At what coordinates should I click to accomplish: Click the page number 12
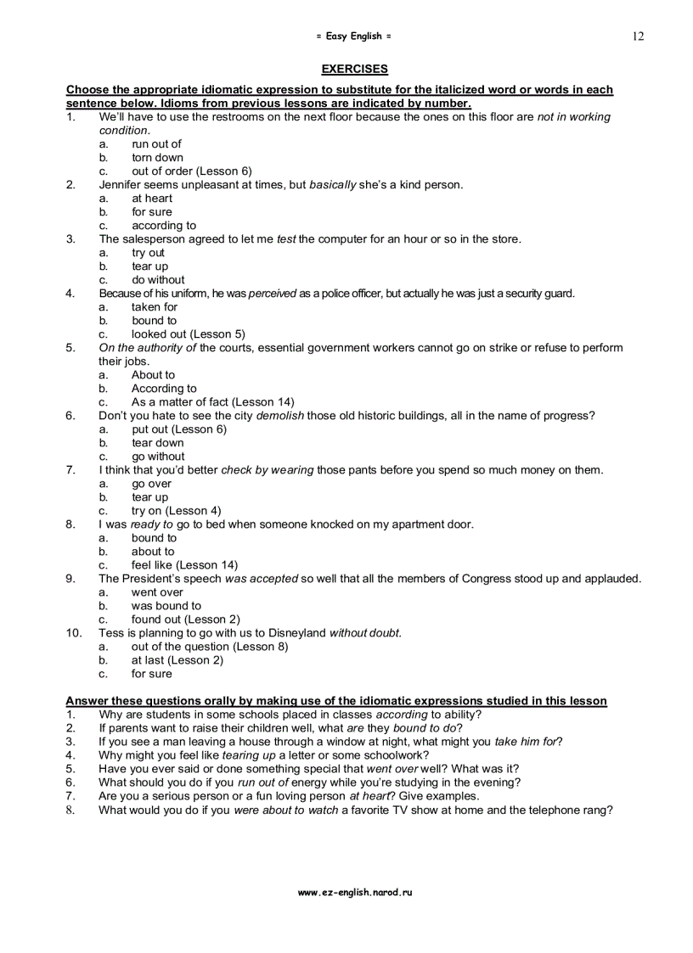tap(638, 36)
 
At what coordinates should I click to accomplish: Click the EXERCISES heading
tap(354, 70)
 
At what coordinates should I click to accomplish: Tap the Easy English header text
tap(354, 36)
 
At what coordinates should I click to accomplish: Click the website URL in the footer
tap(354, 893)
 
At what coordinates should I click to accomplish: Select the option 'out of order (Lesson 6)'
tap(191, 171)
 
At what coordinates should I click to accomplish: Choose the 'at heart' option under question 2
tap(151, 199)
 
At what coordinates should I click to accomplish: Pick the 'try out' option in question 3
tap(148, 253)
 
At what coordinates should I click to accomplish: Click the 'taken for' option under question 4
tap(154, 307)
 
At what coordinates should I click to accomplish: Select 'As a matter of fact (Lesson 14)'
tap(212, 402)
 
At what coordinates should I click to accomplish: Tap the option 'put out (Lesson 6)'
tap(178, 429)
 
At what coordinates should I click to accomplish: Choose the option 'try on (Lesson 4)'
tap(176, 511)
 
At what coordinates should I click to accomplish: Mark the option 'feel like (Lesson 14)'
tap(184, 565)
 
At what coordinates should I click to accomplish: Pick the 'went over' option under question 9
tap(156, 592)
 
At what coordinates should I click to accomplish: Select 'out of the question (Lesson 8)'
tap(209, 647)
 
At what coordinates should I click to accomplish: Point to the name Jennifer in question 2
tap(124, 185)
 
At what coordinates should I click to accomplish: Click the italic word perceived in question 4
tap(272, 294)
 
